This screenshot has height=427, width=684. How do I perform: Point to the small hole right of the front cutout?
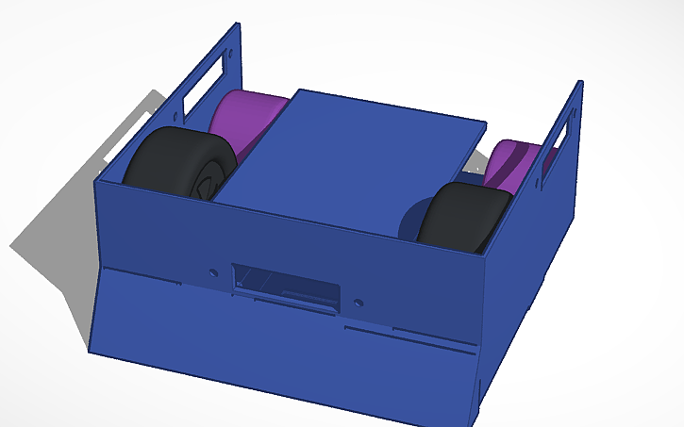(359, 303)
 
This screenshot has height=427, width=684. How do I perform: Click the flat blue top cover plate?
(349, 156)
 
